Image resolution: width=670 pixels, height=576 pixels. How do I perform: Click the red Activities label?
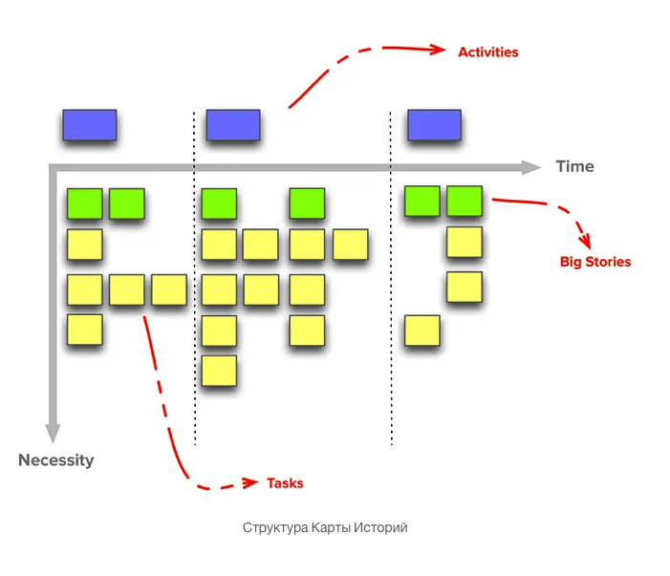coord(487,52)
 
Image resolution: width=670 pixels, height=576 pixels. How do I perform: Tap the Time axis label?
coord(574,166)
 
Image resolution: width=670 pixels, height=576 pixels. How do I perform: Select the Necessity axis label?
coord(56,459)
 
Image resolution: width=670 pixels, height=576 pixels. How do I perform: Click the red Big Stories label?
coord(594,261)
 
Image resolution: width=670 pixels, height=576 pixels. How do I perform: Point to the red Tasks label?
coord(285,482)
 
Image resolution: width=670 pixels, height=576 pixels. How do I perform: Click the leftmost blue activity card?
coord(90,125)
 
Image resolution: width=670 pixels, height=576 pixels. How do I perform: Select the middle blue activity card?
coord(233,125)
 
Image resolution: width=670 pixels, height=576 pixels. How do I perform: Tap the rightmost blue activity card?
coord(434,125)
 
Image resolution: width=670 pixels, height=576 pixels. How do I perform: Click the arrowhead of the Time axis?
coord(531,167)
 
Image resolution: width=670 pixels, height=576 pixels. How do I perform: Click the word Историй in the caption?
coord(380,527)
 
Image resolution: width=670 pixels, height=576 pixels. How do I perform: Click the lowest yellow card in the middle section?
coord(219,370)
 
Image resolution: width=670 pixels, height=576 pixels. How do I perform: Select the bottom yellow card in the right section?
coord(421,331)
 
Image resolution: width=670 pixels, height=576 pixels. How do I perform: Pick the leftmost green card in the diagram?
coord(84,203)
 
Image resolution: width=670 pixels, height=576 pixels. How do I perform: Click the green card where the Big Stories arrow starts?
coord(465,201)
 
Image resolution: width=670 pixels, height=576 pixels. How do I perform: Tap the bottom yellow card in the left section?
coord(84,331)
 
